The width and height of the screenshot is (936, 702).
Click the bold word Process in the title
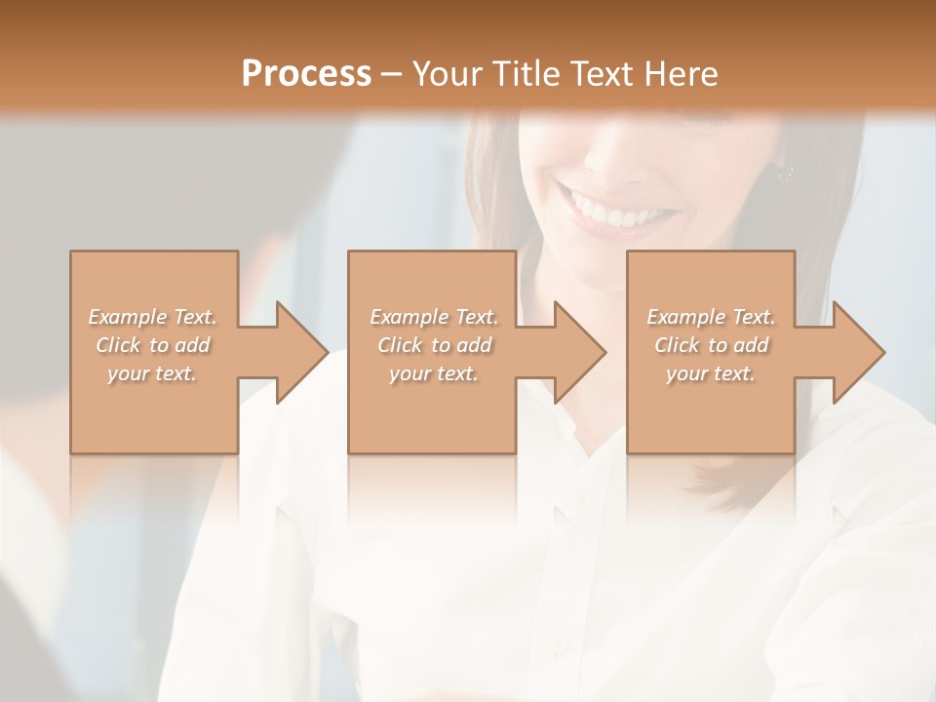click(306, 73)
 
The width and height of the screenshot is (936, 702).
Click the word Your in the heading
click(448, 73)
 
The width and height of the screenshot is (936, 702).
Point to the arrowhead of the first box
click(300, 352)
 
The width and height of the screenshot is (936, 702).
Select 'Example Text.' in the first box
click(153, 317)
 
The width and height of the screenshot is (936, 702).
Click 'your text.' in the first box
click(152, 373)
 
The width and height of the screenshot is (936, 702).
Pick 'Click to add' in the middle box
click(434, 345)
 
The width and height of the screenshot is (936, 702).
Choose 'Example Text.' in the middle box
click(434, 317)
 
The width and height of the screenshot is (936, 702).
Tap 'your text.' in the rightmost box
click(711, 373)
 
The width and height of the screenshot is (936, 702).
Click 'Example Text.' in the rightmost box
click(711, 317)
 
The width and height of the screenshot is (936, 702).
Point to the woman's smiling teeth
click(608, 208)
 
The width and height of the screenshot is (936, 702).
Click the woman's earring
click(785, 174)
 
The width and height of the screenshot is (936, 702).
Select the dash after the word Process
click(392, 74)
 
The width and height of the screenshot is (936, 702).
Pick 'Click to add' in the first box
click(153, 345)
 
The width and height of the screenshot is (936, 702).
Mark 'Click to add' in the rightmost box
click(711, 345)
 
